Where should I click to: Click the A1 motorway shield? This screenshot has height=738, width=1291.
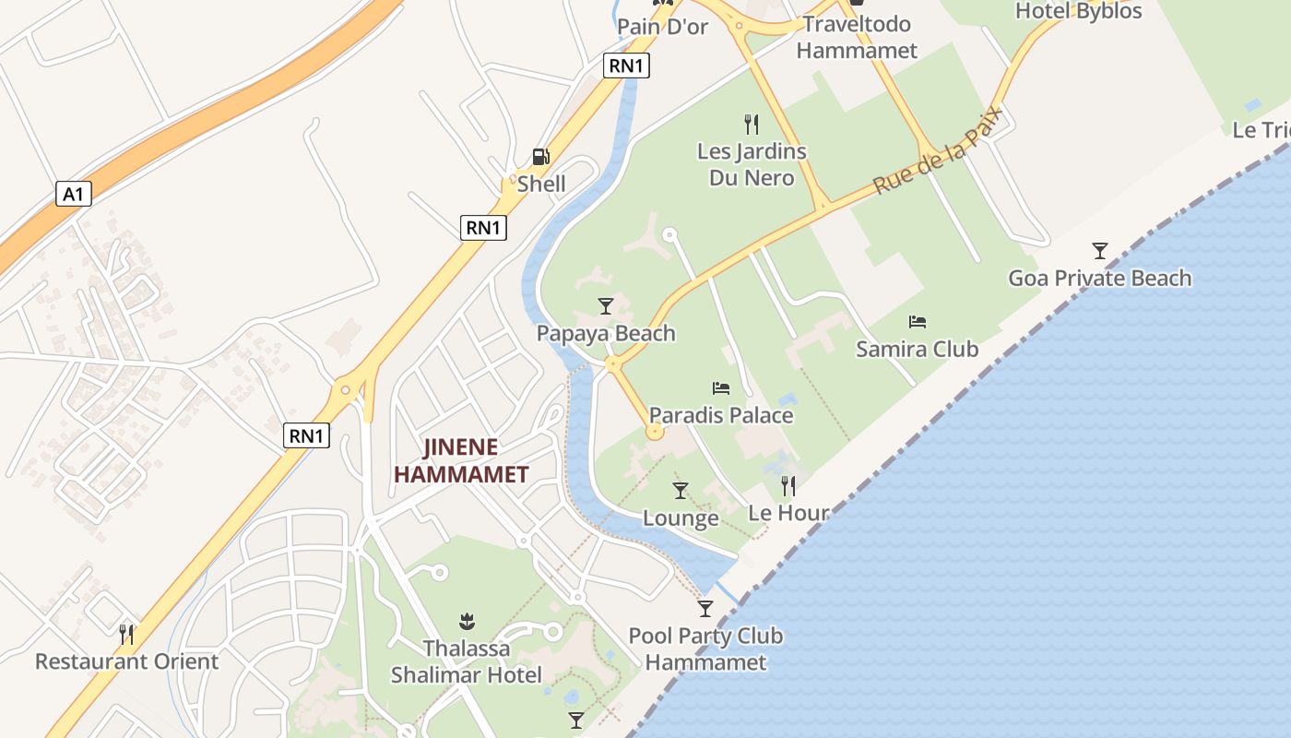click(74, 194)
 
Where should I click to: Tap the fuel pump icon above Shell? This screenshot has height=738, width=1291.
click(541, 157)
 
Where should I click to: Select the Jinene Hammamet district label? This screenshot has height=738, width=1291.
click(461, 461)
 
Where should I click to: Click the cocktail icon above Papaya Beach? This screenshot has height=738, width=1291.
click(606, 305)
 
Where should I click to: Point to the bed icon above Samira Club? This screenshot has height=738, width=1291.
click(917, 322)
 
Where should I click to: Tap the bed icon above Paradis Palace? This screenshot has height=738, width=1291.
click(721, 388)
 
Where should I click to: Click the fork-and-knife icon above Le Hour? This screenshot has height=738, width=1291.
click(788, 485)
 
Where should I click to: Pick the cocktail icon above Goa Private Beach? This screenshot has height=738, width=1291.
click(1099, 250)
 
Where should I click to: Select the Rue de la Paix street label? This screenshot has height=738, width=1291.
click(938, 149)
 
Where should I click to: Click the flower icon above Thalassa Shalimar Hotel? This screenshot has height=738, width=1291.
click(466, 621)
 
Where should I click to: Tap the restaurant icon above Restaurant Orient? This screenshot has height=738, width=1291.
click(126, 634)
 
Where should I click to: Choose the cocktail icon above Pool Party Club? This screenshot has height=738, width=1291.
click(705, 608)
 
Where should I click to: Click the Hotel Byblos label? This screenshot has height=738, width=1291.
click(1079, 11)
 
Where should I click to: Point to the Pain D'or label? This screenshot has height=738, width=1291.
click(662, 27)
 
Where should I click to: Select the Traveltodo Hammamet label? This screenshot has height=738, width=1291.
click(857, 37)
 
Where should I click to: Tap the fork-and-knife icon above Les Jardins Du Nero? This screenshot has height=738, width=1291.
click(752, 124)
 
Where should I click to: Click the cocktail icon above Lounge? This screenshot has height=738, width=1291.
click(681, 491)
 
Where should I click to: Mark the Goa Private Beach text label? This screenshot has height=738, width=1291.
click(1099, 278)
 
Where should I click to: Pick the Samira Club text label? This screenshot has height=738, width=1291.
click(917, 349)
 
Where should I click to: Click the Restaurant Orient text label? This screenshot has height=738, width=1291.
click(126, 661)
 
